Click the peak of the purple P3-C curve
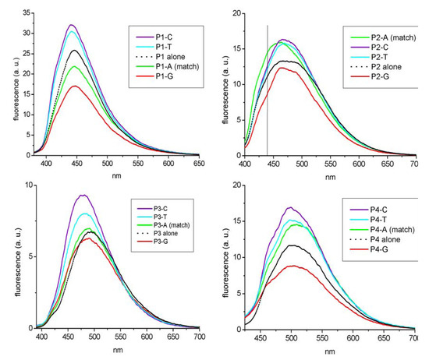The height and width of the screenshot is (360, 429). (x=82, y=195)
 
